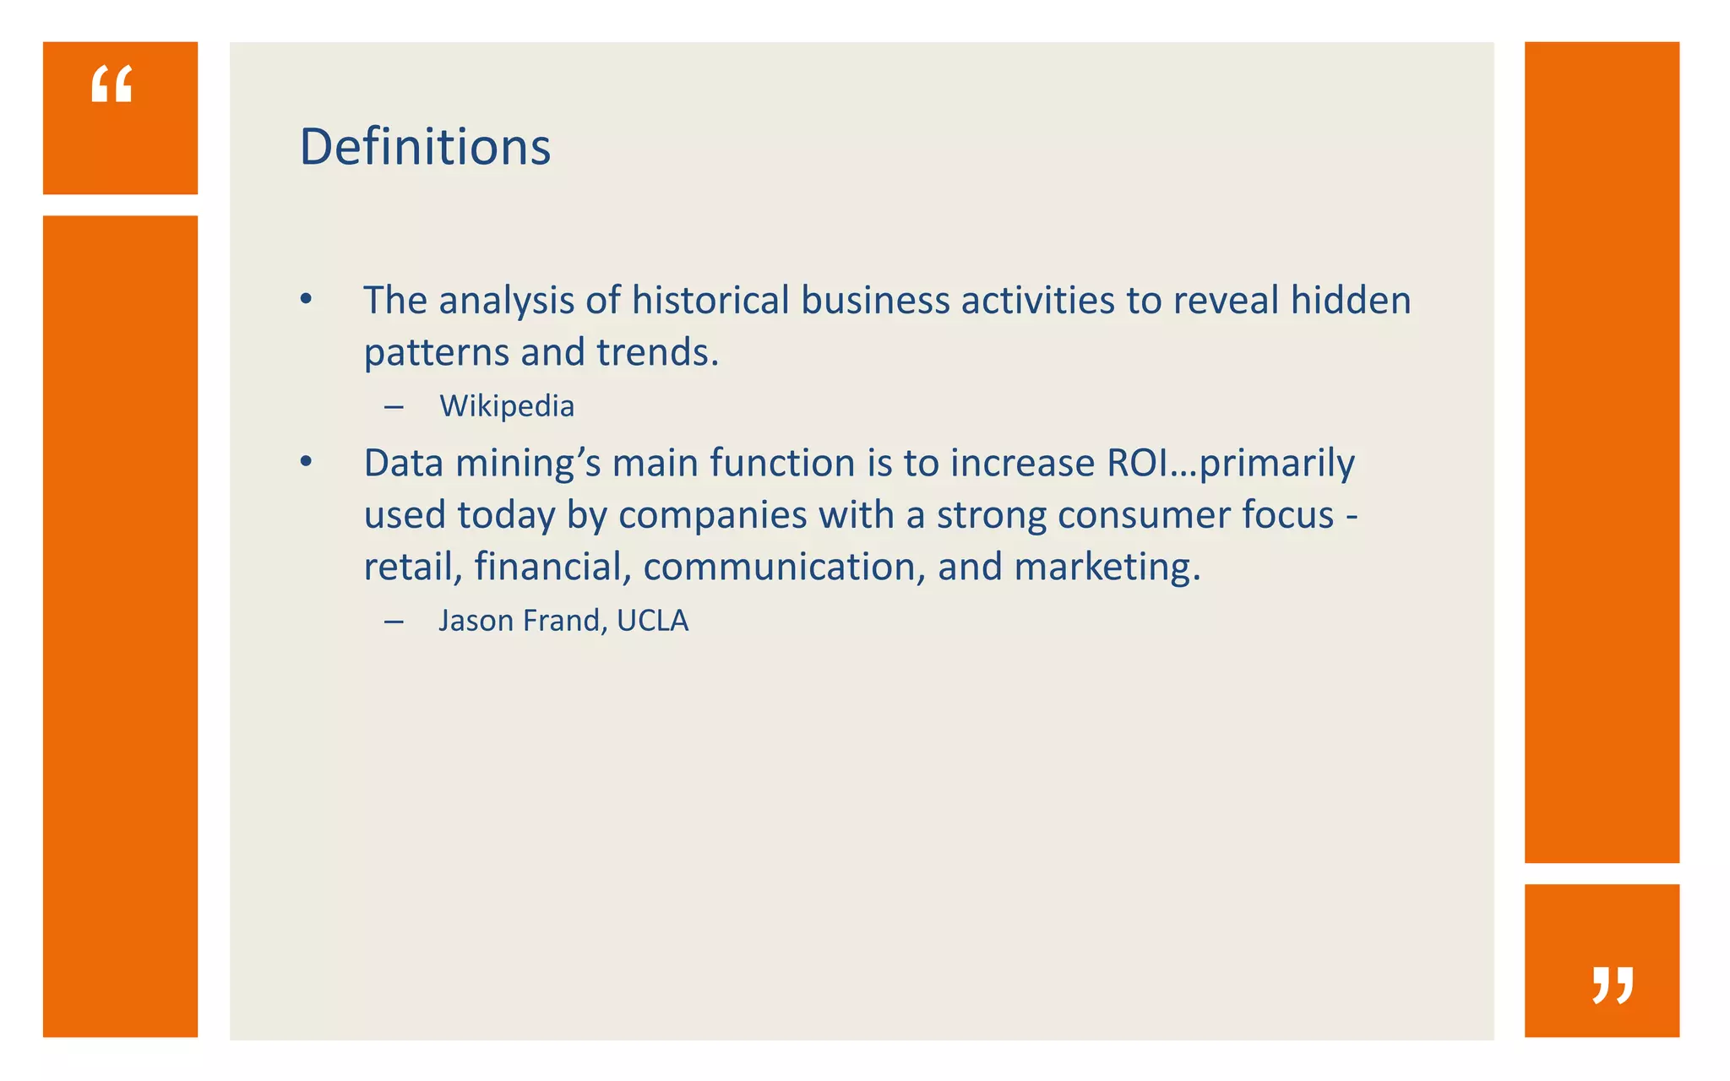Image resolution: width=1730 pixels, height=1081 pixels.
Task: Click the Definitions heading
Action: pyautogui.click(x=425, y=147)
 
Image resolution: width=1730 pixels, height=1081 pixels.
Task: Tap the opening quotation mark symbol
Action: pyautogui.click(x=112, y=84)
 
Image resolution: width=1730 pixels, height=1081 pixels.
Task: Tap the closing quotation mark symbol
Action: pyautogui.click(x=1613, y=985)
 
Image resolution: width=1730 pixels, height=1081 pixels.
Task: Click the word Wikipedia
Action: pyautogui.click(x=507, y=406)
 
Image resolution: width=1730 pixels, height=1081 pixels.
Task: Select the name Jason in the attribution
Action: pyautogui.click(x=476, y=621)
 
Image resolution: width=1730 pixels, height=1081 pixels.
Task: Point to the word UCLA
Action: pyautogui.click(x=653, y=621)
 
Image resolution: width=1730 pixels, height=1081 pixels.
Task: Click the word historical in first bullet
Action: pyautogui.click(x=710, y=301)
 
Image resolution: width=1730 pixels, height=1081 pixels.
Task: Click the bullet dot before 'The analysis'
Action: pyautogui.click(x=306, y=299)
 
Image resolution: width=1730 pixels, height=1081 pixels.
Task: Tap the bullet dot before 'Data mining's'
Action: pyautogui.click(x=306, y=462)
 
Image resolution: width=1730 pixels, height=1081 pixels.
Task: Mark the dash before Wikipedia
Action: pyautogui.click(x=393, y=407)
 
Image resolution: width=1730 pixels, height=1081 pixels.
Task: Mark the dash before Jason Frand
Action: pyautogui.click(x=393, y=622)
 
